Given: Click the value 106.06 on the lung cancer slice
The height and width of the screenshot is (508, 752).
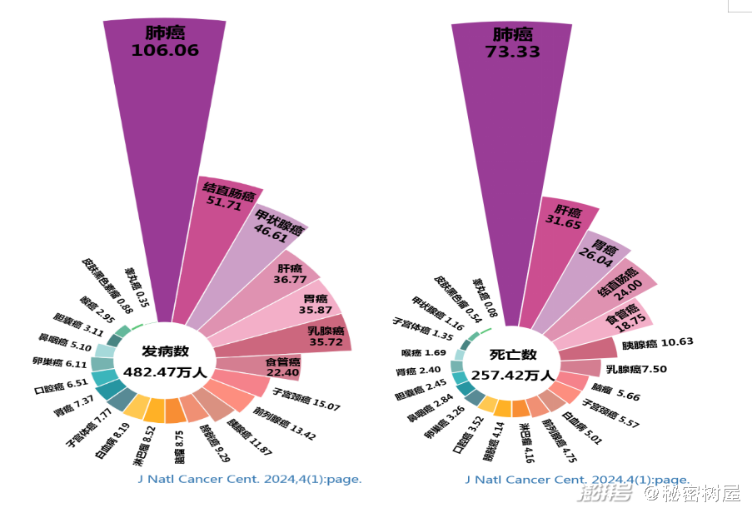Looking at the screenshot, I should tap(165, 50).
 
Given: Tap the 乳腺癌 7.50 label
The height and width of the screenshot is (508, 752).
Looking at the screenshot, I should tap(636, 369).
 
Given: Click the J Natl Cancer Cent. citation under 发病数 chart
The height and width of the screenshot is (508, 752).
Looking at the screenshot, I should tap(250, 480).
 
